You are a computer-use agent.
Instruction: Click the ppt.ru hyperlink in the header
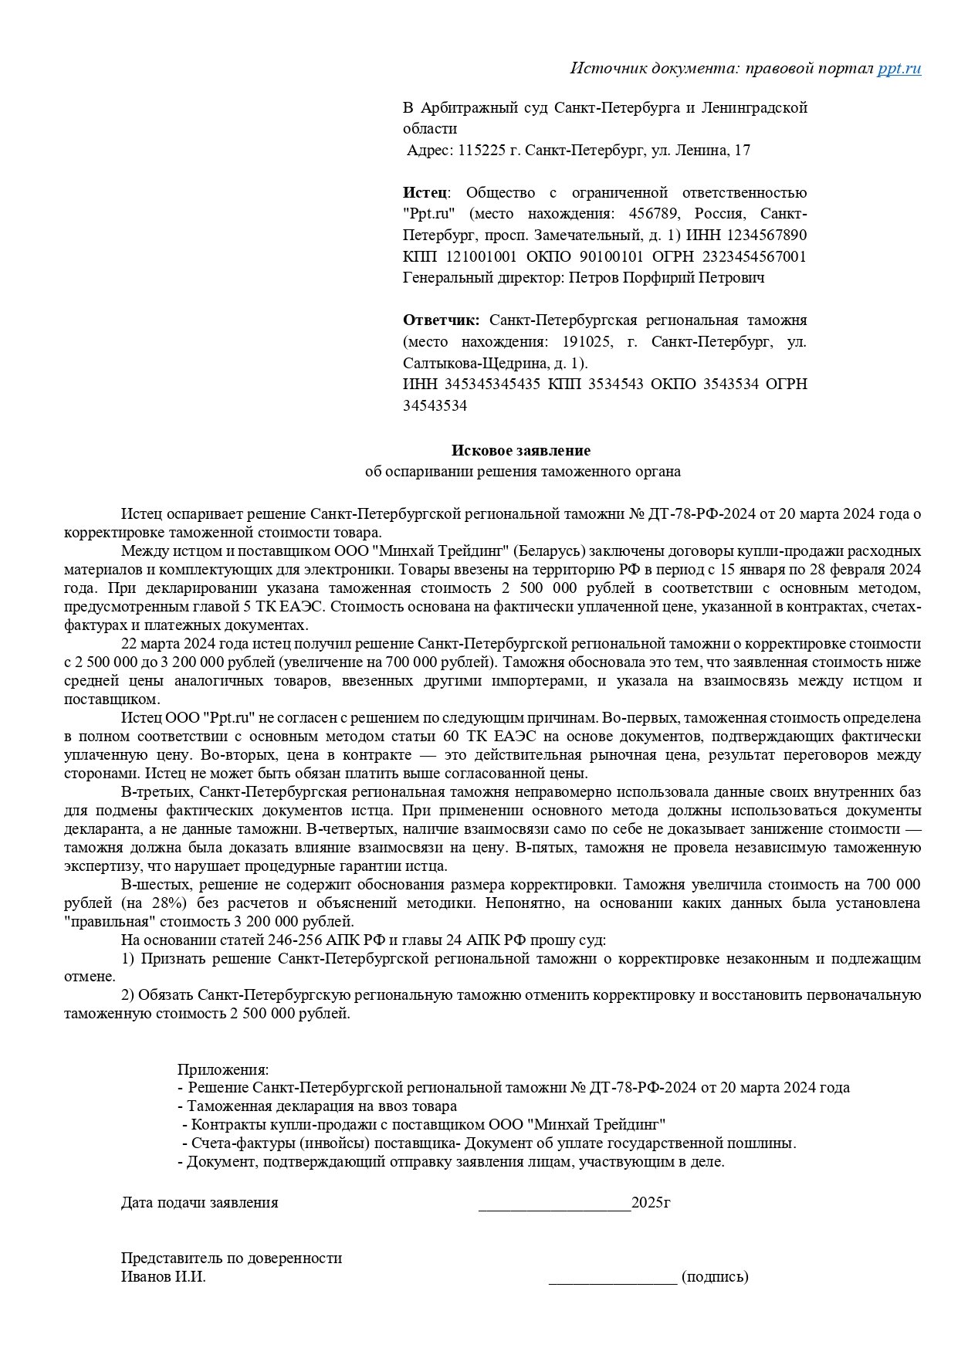(x=899, y=68)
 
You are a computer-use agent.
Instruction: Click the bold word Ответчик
(x=440, y=320)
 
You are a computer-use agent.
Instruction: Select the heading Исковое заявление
(x=521, y=450)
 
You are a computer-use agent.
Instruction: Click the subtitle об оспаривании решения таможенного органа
(x=523, y=471)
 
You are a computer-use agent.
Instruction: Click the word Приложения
(x=223, y=1069)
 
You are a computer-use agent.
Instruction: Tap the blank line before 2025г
(x=554, y=1203)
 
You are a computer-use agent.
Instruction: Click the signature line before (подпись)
(x=613, y=1277)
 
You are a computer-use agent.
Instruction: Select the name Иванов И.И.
(x=163, y=1277)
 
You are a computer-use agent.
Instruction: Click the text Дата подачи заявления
(x=199, y=1203)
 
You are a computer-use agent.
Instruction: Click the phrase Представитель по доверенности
(x=231, y=1258)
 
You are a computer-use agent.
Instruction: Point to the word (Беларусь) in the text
(x=549, y=551)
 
